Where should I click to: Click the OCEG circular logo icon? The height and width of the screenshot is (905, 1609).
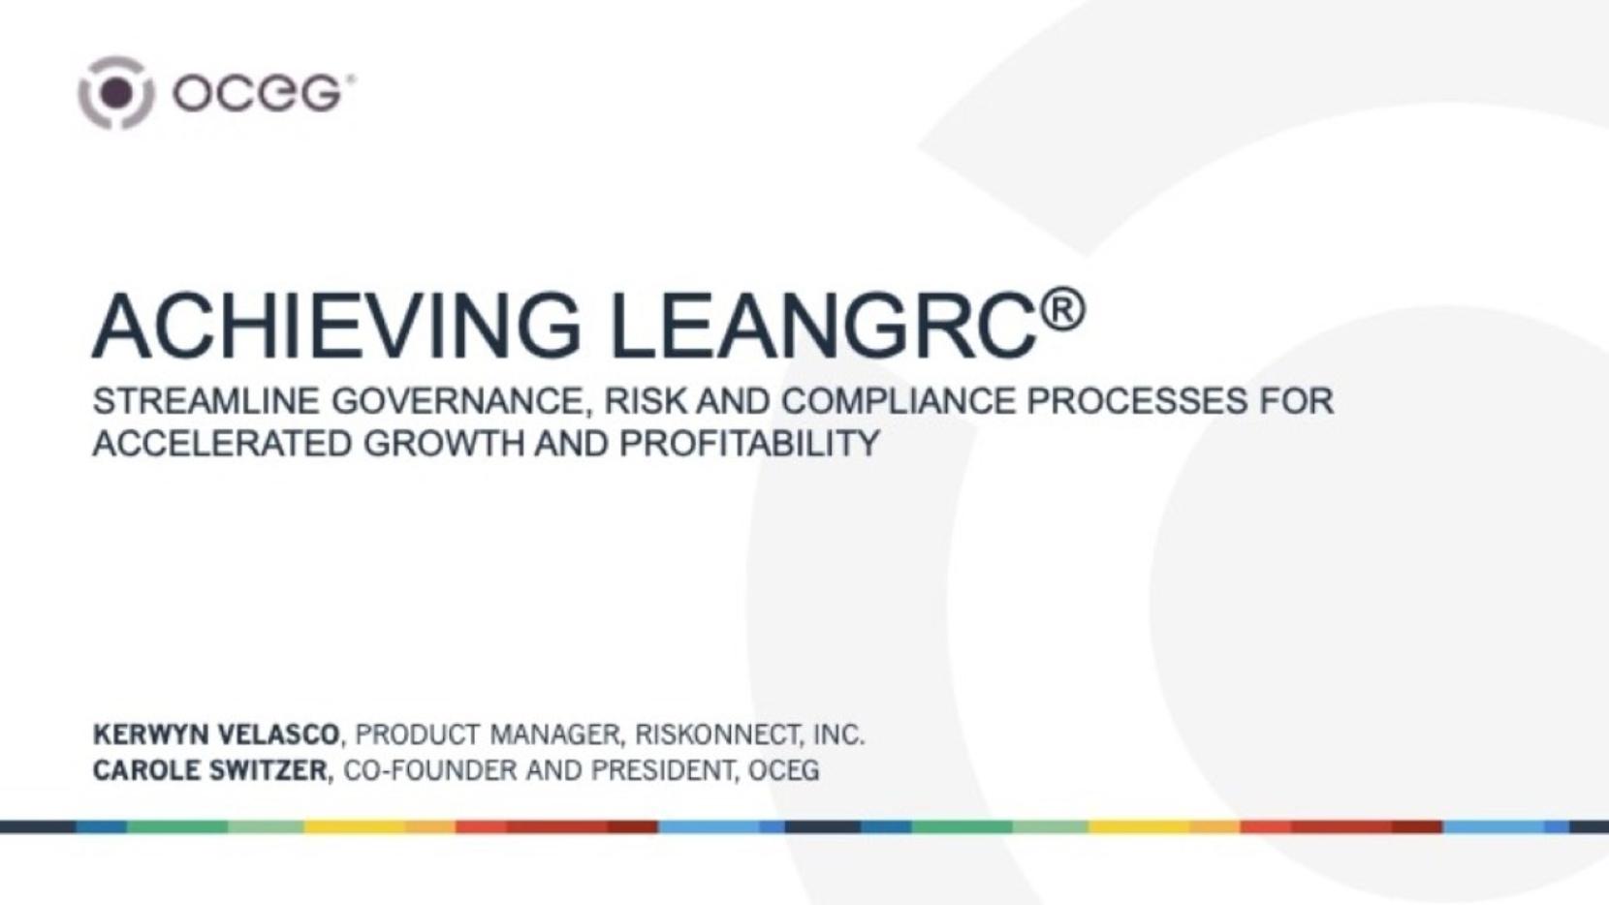[x=115, y=93]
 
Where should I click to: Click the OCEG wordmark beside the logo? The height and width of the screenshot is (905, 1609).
[x=262, y=93]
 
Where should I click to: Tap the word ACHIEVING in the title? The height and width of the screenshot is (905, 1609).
[x=336, y=326]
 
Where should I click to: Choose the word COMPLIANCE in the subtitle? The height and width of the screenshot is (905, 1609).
[x=898, y=401]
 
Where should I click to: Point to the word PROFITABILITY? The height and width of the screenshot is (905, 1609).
[x=749, y=443]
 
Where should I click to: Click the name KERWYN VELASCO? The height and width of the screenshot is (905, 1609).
[x=216, y=734]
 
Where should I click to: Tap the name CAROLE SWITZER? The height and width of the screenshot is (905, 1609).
[x=209, y=770]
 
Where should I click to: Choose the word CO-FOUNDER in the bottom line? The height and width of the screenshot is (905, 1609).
[x=429, y=770]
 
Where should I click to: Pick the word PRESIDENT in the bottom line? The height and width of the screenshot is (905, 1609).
[x=664, y=770]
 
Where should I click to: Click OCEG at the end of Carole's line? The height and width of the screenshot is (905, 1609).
[x=784, y=770]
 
